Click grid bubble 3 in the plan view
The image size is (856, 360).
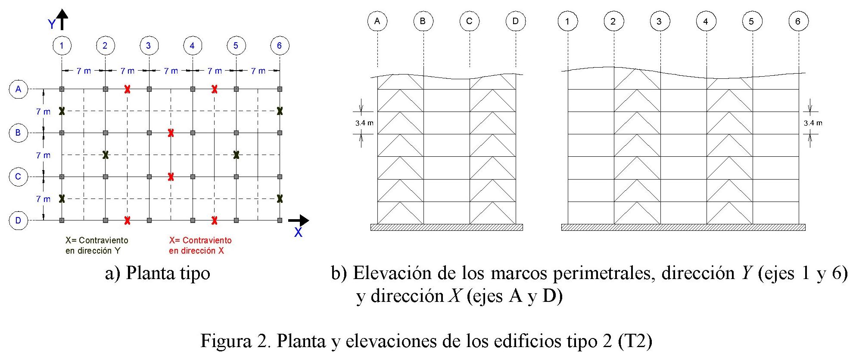click(149, 45)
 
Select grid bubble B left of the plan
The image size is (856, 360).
click(18, 133)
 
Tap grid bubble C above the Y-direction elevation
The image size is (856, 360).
click(469, 21)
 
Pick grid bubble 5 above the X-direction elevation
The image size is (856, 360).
click(752, 21)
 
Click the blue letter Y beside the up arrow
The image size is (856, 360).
click(52, 25)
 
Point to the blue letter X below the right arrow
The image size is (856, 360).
click(298, 233)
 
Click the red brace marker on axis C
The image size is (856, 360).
click(171, 177)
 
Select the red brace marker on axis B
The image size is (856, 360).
click(171, 133)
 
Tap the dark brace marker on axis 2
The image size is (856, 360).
click(106, 155)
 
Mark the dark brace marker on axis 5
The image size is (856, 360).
click(236, 155)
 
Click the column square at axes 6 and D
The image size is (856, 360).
click(280, 220)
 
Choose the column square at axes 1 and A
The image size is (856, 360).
click(62, 89)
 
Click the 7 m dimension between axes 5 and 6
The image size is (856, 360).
click(258, 71)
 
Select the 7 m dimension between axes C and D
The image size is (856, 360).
click(43, 199)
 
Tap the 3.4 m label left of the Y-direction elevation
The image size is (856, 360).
click(364, 123)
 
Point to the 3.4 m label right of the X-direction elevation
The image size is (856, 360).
click(813, 123)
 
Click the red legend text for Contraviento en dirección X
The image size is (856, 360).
click(200, 245)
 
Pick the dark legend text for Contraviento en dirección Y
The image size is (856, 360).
click(96, 245)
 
